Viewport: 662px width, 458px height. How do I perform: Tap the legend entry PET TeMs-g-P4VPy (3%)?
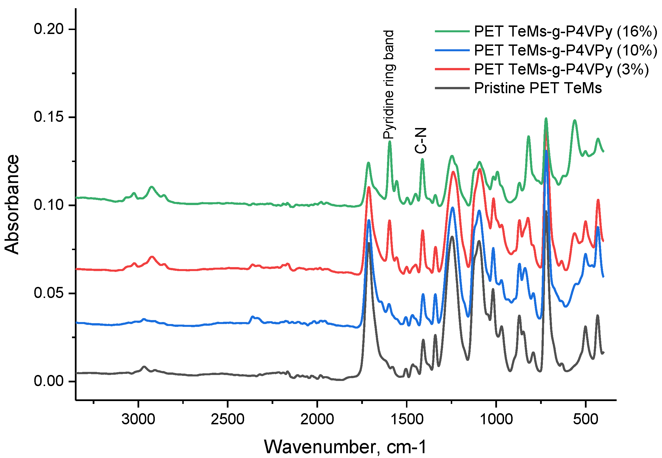pos(561,69)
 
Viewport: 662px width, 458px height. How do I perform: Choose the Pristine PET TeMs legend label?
pos(538,88)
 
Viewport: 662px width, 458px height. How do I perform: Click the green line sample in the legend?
pos(452,31)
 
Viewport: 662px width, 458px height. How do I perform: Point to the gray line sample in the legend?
pos(452,88)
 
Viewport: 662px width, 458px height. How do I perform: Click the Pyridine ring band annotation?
pos(390,85)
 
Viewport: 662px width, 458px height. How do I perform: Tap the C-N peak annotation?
pos(421,140)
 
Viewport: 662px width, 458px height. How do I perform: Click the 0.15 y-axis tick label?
pos(48,117)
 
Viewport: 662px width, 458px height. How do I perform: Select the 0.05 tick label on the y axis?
pos(48,293)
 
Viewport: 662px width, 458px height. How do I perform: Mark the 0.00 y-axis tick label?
pos(48,381)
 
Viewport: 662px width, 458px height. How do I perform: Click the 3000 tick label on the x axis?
pos(138,419)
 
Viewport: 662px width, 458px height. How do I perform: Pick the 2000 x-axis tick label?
pos(317,419)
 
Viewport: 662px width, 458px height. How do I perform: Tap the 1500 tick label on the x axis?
pos(407,419)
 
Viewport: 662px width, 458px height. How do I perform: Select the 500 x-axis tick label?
pos(586,419)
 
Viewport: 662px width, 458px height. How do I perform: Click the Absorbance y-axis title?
pos(12,204)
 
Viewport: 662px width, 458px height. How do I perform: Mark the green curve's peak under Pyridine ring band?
pos(390,141)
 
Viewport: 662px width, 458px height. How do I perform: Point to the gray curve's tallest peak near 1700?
pos(369,243)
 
